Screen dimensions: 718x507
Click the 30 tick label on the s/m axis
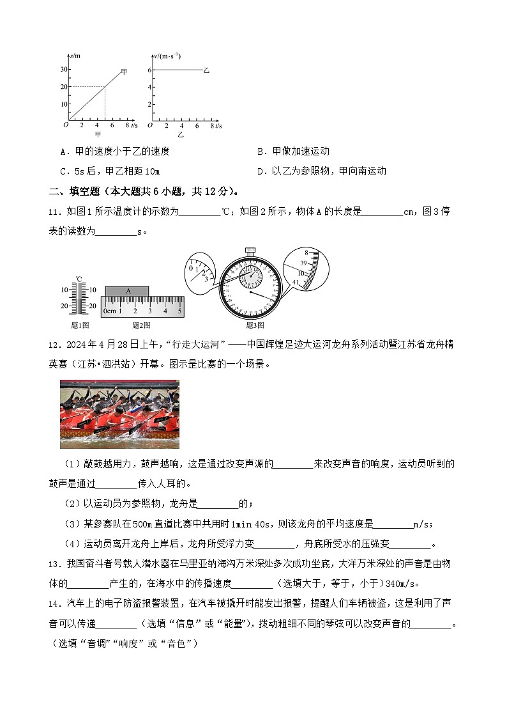coord(64,69)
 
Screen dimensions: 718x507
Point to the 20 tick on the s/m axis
coord(64,86)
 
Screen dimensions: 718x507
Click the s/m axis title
coord(75,57)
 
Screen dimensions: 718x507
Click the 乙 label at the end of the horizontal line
coord(206,70)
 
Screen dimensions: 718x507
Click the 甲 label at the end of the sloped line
coord(124,72)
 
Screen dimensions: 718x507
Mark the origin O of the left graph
coord(65,125)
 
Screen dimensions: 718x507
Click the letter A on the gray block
coord(128,291)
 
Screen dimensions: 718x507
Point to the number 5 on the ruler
coord(179,311)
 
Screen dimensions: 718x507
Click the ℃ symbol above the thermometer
coord(79,279)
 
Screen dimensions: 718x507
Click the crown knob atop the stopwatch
coord(250,249)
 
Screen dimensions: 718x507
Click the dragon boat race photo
coord(119,414)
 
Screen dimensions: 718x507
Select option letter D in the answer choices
coord(261,171)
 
